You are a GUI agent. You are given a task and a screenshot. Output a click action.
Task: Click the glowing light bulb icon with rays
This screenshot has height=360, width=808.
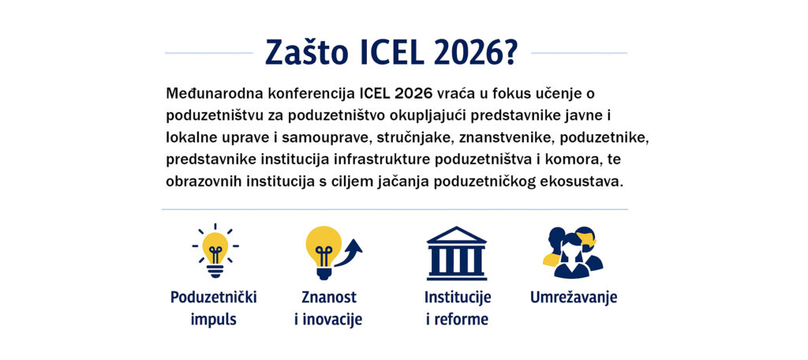pos(215,251)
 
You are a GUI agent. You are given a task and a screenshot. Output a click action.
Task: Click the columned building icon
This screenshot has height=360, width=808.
pos(457,253)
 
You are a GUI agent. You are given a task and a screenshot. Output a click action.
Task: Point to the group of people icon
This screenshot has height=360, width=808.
pos(573,252)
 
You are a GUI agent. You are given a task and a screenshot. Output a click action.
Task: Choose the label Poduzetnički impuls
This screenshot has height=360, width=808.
pos(214,309)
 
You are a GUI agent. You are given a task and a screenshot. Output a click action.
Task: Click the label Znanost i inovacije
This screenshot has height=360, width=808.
pos(329,309)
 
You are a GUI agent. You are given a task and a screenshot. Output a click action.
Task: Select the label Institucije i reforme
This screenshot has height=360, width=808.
pos(458,309)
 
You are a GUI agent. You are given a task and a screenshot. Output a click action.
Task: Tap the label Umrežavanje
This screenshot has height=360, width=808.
pos(574,298)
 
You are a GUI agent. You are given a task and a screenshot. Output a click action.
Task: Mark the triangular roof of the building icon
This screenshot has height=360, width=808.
pos(457,235)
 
